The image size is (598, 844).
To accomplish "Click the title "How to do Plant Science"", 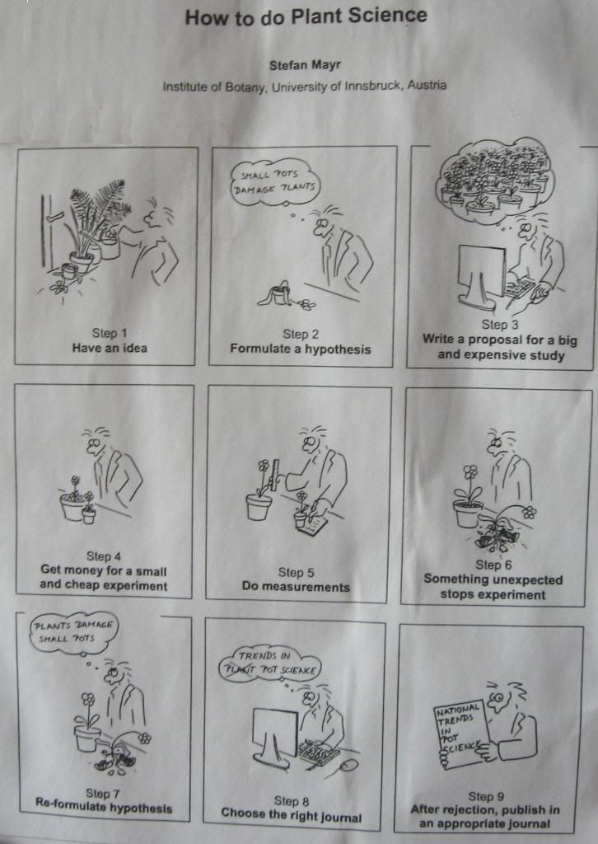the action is (306, 16).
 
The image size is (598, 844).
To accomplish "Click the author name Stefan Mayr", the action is (305, 65).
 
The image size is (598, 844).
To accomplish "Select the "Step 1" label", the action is (110, 333).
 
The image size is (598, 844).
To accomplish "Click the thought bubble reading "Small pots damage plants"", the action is (274, 181).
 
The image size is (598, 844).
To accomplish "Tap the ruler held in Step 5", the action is (277, 474).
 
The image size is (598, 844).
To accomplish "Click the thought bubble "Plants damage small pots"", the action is (72, 632).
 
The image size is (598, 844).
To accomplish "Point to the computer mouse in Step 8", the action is (348, 766).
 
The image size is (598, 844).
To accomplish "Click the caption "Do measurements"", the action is (296, 586).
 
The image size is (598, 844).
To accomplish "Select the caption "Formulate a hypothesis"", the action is (301, 349).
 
